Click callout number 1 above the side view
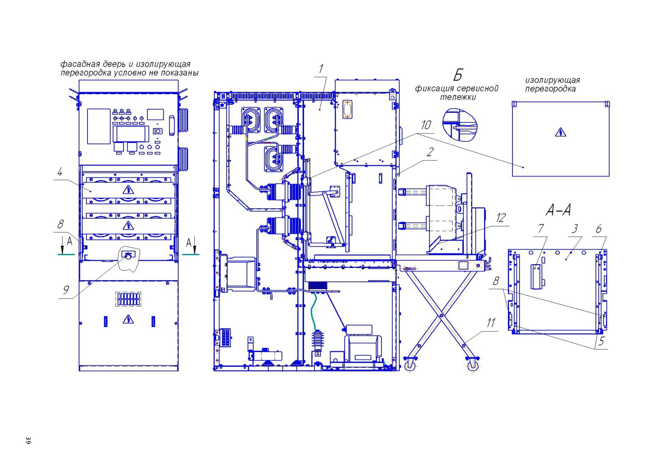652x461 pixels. [x=321, y=69]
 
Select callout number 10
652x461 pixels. [x=426, y=125]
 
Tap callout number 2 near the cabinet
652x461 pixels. [x=430, y=152]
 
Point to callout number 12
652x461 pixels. [x=501, y=218]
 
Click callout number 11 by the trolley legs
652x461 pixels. [x=491, y=323]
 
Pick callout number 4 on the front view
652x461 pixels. [x=60, y=172]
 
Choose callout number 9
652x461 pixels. [x=66, y=290]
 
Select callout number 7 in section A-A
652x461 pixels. [x=541, y=229]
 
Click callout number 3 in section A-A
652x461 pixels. [x=575, y=228]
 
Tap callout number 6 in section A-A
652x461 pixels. [x=598, y=229]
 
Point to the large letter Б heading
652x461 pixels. [x=458, y=75]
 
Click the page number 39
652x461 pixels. [x=28, y=440]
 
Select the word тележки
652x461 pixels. [x=458, y=97]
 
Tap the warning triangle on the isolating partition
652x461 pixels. [x=560, y=132]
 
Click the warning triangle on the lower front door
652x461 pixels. [x=128, y=319]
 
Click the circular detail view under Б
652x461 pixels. [x=460, y=125]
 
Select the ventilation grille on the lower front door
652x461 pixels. [x=128, y=299]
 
